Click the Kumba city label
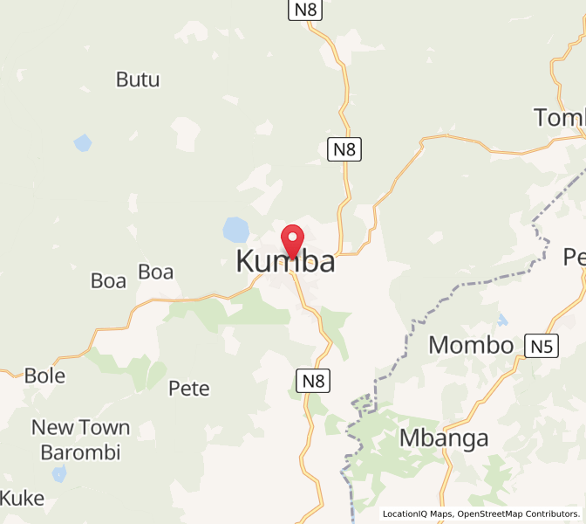point(285,261)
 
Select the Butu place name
point(138,79)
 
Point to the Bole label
point(44,376)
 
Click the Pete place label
point(189,389)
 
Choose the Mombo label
point(471,345)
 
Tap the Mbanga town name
point(444,438)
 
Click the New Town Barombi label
point(80,439)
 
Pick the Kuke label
point(22,499)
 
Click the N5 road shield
point(542,347)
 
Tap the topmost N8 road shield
point(304,10)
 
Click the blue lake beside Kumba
point(235,231)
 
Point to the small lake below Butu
point(83,141)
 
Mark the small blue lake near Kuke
point(58,474)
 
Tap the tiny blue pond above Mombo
point(502,320)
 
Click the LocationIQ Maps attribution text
point(418,514)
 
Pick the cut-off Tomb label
point(559,117)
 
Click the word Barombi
point(80,452)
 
